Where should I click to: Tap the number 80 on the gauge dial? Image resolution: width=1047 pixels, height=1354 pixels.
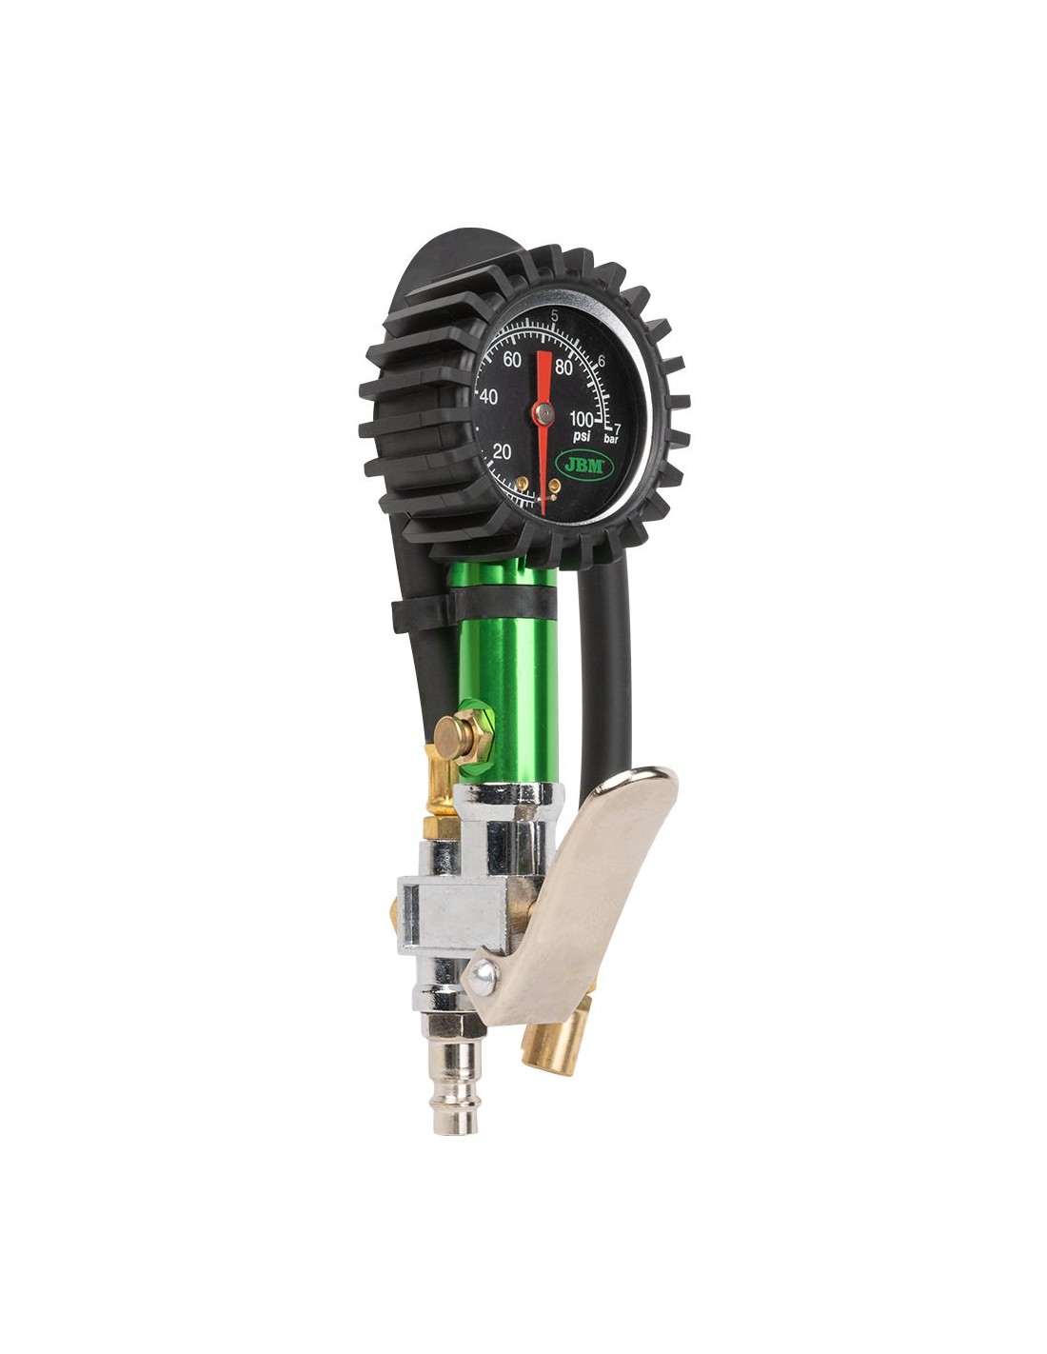(563, 368)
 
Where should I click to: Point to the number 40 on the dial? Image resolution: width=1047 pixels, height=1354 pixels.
(489, 397)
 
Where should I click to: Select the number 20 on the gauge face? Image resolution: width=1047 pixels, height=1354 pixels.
(502, 452)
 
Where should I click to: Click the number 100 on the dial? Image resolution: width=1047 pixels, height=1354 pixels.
(582, 417)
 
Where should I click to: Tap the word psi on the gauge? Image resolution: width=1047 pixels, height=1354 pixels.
(582, 435)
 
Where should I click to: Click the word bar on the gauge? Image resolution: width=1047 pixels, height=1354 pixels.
(611, 439)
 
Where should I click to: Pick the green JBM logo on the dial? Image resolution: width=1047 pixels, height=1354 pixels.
(583, 465)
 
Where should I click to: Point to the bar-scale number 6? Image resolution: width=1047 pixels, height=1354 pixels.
(602, 360)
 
